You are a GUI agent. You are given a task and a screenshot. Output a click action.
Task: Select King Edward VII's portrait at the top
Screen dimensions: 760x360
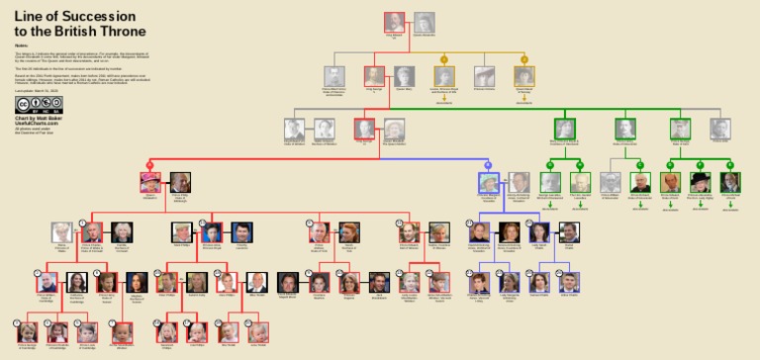[394, 22]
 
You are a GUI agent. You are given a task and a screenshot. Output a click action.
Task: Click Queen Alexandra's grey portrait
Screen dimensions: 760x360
[424, 22]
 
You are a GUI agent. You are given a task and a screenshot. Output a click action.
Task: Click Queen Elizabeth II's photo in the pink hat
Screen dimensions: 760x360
[150, 182]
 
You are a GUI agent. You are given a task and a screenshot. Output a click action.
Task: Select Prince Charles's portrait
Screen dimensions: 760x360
[92, 232]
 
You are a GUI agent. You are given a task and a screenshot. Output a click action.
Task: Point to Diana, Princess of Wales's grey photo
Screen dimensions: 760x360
[61, 232]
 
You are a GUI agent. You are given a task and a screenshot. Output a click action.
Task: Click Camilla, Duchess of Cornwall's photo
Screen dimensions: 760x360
[123, 232]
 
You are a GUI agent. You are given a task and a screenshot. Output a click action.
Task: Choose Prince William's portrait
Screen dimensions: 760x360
[46, 282]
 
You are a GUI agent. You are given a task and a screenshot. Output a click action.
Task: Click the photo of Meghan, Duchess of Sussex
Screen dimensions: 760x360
[138, 282]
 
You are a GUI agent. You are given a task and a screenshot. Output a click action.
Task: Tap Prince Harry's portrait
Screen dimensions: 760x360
[107, 282]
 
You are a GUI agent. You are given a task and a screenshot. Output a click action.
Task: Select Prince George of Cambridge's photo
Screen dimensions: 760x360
[26, 332]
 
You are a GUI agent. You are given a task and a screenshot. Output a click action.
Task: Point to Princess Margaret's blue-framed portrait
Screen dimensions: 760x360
[489, 182]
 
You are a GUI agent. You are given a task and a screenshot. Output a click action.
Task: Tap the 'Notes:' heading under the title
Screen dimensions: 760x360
[21, 45]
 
